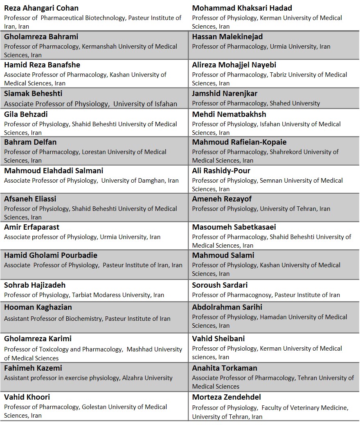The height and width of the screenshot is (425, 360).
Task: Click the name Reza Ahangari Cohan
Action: point(41,8)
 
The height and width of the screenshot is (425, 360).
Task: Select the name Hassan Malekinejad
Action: point(227,37)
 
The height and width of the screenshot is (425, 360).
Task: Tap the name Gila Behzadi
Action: point(26,114)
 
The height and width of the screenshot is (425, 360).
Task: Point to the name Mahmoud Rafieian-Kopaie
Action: point(239,142)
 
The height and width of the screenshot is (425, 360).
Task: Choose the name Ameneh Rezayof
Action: point(222,199)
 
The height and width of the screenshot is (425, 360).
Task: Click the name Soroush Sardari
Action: point(220,285)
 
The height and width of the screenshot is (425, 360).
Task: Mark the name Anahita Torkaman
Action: point(225,368)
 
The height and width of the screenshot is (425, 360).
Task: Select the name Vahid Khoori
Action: point(27,397)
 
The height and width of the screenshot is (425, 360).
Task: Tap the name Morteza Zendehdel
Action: point(226,397)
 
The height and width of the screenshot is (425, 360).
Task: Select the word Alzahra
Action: point(133,378)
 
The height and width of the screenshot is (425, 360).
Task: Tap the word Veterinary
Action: point(300,407)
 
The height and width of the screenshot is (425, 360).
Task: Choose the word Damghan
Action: point(143,180)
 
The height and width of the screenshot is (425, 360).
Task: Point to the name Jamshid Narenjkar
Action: point(225,94)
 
